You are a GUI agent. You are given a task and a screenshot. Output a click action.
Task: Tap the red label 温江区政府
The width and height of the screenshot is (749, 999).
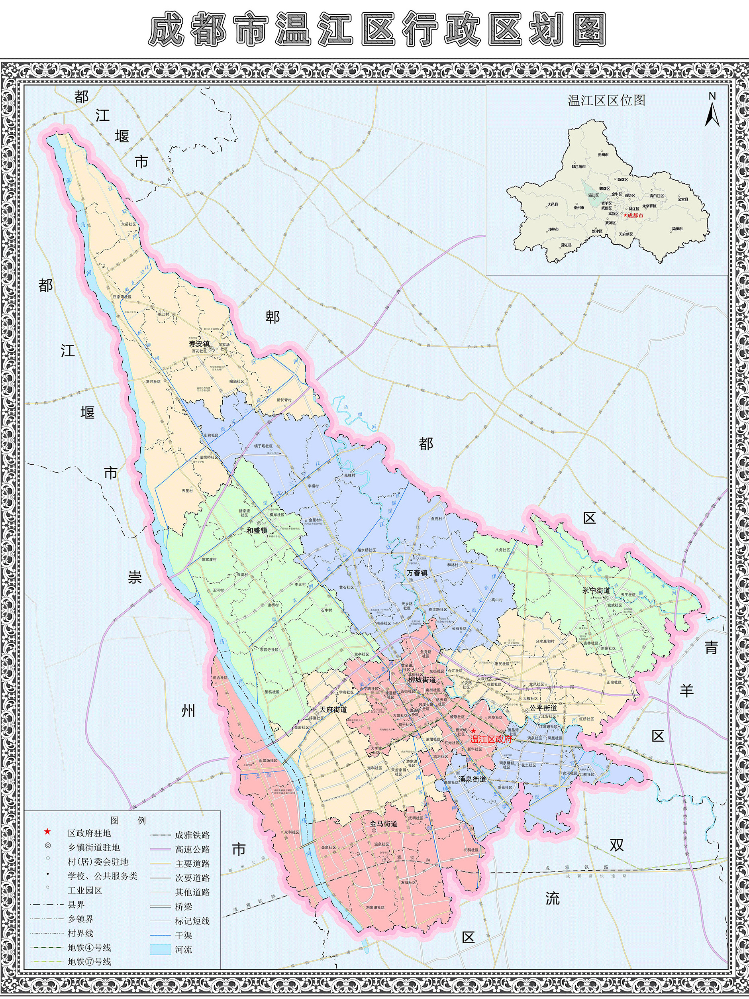coord(491,740)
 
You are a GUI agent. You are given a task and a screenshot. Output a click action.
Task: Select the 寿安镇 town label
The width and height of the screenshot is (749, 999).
coord(199,343)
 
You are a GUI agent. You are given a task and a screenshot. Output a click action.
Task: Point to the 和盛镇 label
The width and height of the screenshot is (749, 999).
coord(257,530)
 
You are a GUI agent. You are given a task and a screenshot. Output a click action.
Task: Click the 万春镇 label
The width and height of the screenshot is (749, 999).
coord(417,573)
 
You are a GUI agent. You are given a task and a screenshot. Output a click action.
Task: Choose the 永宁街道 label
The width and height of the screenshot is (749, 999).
coord(596,590)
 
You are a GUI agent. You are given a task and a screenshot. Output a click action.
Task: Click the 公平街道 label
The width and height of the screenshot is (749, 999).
coord(543,708)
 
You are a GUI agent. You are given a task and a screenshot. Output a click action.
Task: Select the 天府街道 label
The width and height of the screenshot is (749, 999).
coord(333,710)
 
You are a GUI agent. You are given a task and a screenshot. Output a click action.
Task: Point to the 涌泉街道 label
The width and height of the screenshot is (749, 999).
coord(472,779)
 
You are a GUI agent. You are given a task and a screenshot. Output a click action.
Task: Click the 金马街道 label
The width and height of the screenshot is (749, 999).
coord(383,824)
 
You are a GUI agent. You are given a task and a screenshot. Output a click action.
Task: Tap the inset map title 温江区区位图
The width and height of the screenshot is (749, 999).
coord(606,100)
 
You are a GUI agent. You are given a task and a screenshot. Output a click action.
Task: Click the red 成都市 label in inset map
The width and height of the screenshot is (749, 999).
coord(635,216)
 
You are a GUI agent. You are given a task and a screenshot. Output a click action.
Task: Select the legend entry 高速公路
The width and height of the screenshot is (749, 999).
coord(192,850)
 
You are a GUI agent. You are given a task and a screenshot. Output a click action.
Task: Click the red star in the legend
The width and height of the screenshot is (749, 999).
coord(47,832)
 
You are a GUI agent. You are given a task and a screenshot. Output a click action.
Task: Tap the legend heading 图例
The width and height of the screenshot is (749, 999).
coord(128,820)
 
